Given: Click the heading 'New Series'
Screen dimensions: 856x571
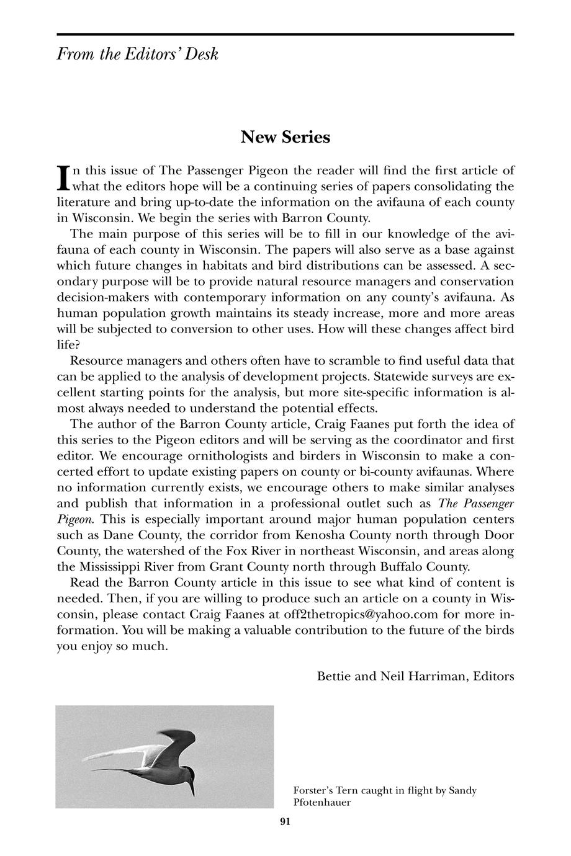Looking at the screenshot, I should click(285, 136).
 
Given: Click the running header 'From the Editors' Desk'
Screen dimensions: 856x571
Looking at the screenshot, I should click(137, 55).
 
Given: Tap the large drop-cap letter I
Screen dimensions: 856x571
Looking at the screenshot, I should click(62, 177).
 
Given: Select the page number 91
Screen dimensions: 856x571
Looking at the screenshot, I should click(285, 822).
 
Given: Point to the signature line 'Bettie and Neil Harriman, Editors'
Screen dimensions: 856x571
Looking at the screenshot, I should click(415, 676).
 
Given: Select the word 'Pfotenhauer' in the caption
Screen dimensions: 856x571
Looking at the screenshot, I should click(322, 802).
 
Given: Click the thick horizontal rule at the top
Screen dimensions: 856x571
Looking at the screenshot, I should click(285, 34).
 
